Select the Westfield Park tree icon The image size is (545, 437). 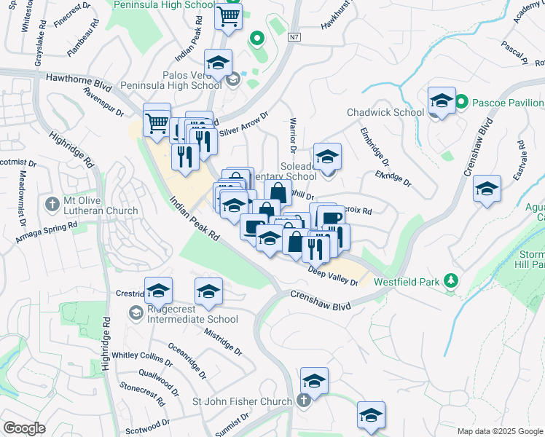(x=451, y=280)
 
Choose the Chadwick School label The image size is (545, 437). (x=385, y=112)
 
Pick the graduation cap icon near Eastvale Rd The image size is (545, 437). (x=487, y=189)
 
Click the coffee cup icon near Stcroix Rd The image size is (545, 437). (x=330, y=219)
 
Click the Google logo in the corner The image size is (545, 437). (x=25, y=428)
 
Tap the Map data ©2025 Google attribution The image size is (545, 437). (x=500, y=431)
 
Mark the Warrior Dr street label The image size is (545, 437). (x=293, y=135)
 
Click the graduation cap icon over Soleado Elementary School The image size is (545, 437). (x=327, y=157)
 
